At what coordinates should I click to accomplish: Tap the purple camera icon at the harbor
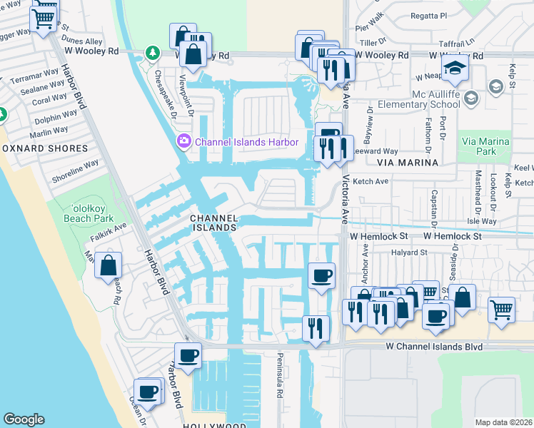click(x=184, y=142)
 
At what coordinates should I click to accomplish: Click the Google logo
click(x=24, y=419)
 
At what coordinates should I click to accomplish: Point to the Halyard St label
click(x=408, y=253)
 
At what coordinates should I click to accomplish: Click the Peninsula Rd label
click(x=279, y=375)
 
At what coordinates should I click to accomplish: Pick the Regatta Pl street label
click(x=433, y=15)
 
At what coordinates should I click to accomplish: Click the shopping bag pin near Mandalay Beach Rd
click(x=107, y=265)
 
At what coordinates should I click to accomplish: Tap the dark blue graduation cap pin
click(x=453, y=69)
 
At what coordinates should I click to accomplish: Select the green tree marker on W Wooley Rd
click(x=151, y=52)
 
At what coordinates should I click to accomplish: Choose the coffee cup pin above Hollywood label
click(x=188, y=355)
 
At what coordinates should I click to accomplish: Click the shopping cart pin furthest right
click(x=502, y=310)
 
